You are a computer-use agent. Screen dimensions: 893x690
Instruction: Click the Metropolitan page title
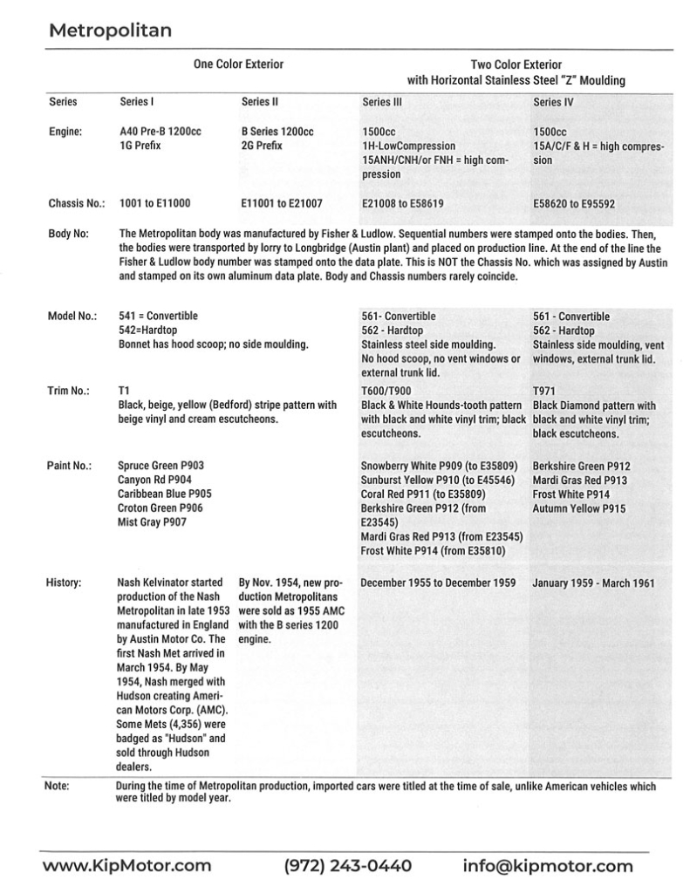(x=110, y=31)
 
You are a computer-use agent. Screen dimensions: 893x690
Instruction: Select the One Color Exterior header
(x=238, y=65)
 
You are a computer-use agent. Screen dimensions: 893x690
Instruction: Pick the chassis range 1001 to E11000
(x=154, y=204)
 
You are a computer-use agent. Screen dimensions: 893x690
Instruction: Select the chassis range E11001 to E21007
(x=281, y=204)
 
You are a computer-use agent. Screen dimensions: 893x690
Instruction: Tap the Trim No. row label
(x=71, y=391)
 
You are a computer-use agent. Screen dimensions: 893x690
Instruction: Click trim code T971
(x=544, y=391)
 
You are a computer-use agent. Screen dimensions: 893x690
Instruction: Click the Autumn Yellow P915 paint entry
(x=578, y=508)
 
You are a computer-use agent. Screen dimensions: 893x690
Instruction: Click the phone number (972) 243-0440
(x=348, y=866)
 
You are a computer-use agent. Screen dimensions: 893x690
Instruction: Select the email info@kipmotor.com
(x=548, y=866)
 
